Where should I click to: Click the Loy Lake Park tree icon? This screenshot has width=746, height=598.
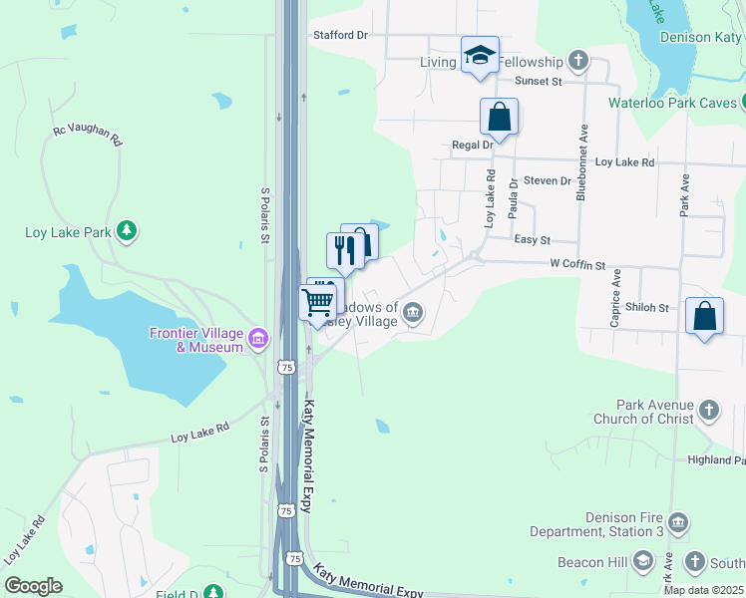tap(126, 232)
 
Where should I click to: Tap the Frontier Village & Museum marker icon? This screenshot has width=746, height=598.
tap(258, 340)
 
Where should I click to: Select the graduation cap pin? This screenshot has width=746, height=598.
tap(480, 56)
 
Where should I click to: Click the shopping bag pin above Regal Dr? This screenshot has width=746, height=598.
tap(499, 117)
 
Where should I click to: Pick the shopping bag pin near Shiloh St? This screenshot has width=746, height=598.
tap(705, 316)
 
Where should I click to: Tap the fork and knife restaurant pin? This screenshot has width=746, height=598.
tap(344, 250)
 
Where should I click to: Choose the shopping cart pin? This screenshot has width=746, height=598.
tap(317, 301)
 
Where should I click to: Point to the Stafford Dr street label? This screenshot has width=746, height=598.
tap(341, 35)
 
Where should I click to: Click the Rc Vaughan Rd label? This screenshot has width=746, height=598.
tap(87, 137)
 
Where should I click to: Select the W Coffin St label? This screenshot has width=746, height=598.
tap(578, 265)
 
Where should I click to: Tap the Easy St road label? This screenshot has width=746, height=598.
tap(532, 240)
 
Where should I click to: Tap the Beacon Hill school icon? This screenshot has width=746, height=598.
tap(642, 563)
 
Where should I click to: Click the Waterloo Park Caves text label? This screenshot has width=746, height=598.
tap(672, 103)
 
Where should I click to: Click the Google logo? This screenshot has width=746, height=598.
tap(33, 586)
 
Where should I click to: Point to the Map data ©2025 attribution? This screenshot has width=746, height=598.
tap(703, 590)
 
